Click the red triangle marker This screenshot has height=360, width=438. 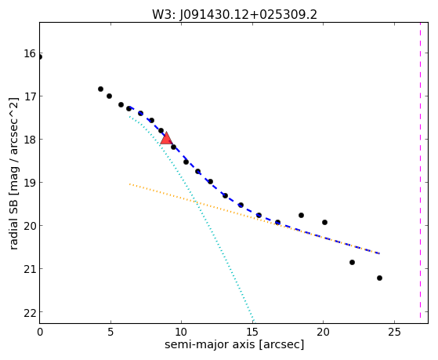(x=166, y=138)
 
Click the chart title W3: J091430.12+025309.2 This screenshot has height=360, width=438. (x=234, y=15)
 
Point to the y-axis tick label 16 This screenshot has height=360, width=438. (x=30, y=53)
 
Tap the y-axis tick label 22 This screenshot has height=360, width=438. (x=30, y=312)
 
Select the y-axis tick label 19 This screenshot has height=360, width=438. (x=30, y=183)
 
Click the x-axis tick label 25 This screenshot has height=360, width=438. (x=394, y=332)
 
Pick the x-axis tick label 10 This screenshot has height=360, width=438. (x=181, y=332)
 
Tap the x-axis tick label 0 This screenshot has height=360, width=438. (x=40, y=332)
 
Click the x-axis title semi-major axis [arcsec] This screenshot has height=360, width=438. (x=234, y=344)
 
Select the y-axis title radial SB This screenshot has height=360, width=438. (x=13, y=220)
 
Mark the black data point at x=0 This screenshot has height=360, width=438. (x=40, y=57)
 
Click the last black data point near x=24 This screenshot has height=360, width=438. (x=379, y=278)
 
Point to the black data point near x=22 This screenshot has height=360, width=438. (x=352, y=263)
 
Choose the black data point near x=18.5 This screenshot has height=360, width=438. (x=301, y=216)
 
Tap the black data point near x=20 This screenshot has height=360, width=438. (x=324, y=223)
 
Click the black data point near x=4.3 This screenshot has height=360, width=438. (x=100, y=89)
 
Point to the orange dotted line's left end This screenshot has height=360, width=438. (x=129, y=184)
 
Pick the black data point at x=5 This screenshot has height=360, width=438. (x=109, y=96)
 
